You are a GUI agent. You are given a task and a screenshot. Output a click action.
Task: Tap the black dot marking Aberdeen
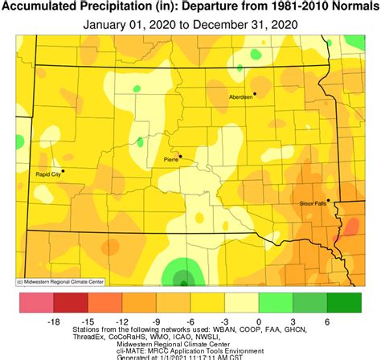pyautogui.click(x=255, y=93)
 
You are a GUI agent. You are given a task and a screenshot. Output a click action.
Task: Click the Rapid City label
pyautogui.click(x=49, y=174)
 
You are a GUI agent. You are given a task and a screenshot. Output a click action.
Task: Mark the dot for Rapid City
pyautogui.click(x=63, y=170)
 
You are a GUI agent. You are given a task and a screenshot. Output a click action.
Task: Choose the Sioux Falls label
pyautogui.click(x=311, y=204)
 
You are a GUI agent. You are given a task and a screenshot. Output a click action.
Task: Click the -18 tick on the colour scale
pyautogui.click(x=53, y=321)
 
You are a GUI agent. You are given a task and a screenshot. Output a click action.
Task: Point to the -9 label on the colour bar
pyautogui.click(x=156, y=321)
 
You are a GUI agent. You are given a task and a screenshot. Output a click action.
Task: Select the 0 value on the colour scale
pyautogui.click(x=258, y=321)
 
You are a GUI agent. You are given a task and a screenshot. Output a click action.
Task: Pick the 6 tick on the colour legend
pyautogui.click(x=326, y=321)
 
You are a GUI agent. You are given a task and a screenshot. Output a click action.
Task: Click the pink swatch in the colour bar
pyautogui.click(x=36, y=304)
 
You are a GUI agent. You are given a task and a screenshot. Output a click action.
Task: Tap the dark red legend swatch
pyautogui.click(x=70, y=304)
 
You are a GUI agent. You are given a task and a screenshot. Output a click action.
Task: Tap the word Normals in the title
pyautogui.click(x=352, y=7)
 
